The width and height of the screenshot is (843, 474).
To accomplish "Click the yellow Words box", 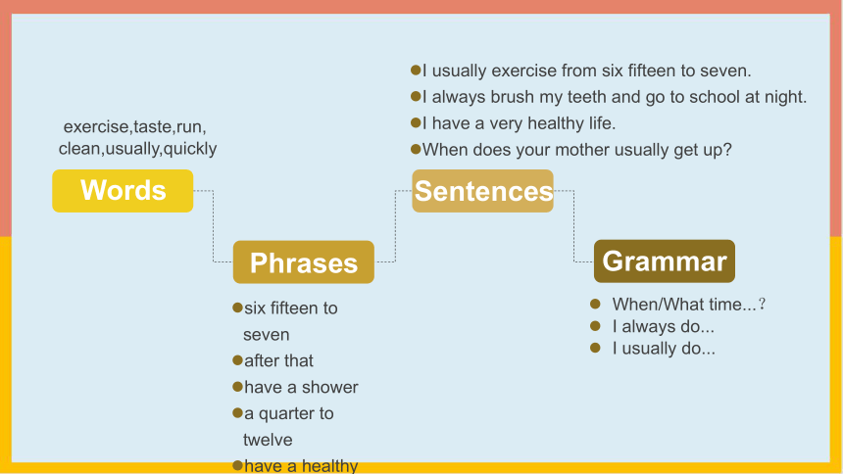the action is (123, 191).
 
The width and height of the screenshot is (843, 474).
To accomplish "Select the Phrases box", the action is (303, 261).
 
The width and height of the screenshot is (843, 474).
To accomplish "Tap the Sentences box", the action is (483, 191).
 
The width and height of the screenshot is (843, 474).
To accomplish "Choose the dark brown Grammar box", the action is (665, 261).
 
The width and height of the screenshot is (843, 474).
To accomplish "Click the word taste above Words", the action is (152, 127).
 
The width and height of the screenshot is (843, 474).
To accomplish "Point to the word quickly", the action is (190, 149).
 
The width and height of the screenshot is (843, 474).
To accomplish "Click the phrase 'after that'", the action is (278, 360).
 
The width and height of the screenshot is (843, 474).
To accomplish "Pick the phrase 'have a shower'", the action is (301, 387).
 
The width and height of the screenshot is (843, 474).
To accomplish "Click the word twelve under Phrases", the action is (268, 440).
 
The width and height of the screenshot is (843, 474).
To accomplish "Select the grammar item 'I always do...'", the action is (663, 326).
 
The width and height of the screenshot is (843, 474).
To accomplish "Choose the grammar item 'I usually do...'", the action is (664, 349).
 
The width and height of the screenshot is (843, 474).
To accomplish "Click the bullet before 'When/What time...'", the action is (595, 305).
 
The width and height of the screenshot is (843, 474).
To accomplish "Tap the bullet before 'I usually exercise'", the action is (416, 70).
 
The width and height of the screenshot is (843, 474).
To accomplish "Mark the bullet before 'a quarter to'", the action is (237, 412).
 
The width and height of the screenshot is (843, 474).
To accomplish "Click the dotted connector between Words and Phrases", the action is (214, 226).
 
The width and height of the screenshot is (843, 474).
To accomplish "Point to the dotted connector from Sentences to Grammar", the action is (573, 226).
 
